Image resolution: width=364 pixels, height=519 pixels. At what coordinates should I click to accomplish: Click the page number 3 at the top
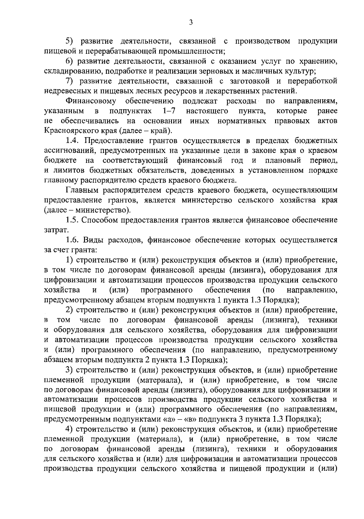pyautogui.click(x=191, y=22)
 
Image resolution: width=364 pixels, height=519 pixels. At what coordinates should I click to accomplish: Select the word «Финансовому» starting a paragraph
pyautogui.click(x=91, y=101)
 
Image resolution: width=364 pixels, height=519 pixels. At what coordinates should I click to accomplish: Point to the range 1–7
pyautogui.click(x=169, y=111)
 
